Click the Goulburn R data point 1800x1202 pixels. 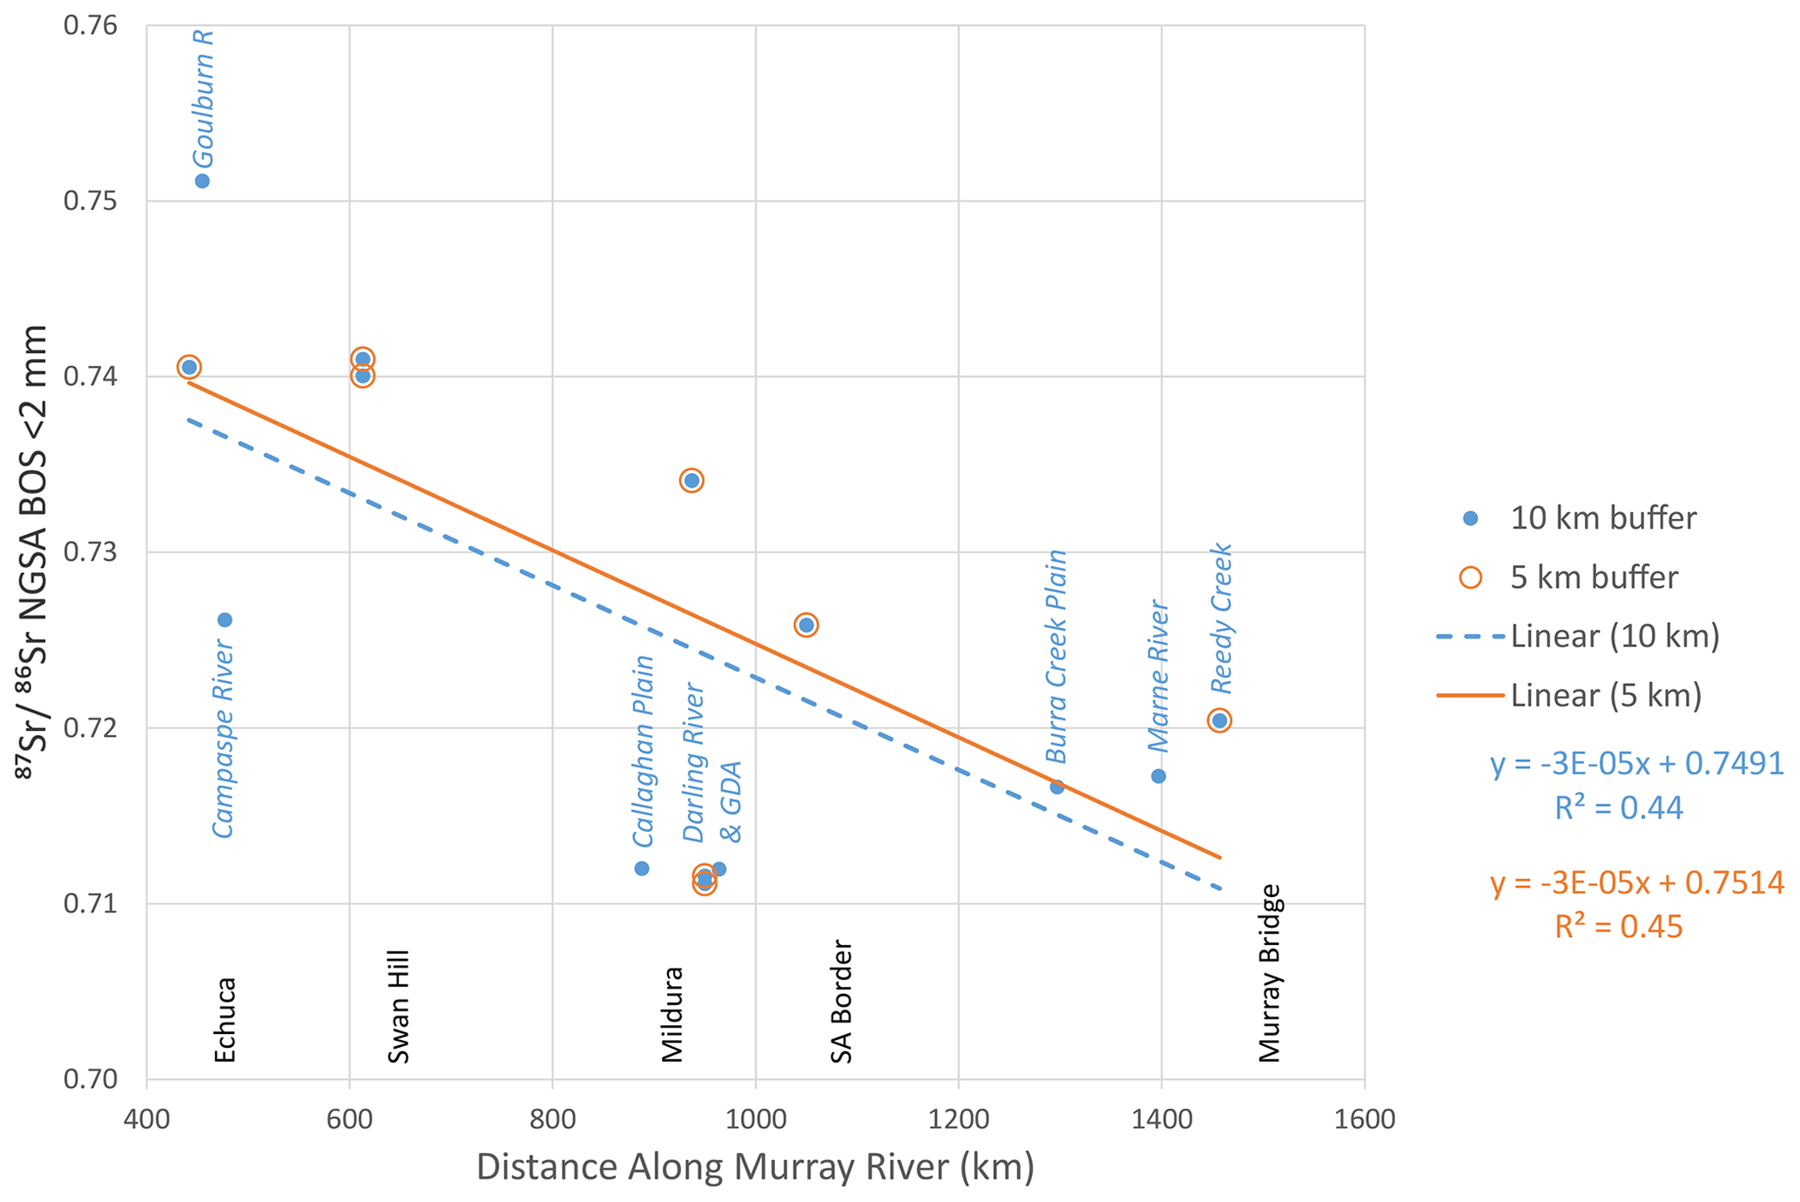(x=202, y=181)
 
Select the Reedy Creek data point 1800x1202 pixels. (x=1219, y=720)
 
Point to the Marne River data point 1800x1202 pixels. (x=1158, y=776)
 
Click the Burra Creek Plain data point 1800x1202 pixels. (x=1057, y=787)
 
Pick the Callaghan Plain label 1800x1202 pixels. (x=643, y=751)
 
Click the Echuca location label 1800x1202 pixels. (x=225, y=1020)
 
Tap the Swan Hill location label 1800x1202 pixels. (x=398, y=1007)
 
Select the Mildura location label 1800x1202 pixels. (x=672, y=1015)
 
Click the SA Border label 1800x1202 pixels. (x=841, y=1002)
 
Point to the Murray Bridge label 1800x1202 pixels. (x=1271, y=974)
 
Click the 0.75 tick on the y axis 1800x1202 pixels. (x=90, y=201)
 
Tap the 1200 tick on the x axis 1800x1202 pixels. (x=958, y=1118)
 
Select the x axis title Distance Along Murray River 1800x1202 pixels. (x=755, y=1167)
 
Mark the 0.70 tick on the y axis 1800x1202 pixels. (x=90, y=1079)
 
